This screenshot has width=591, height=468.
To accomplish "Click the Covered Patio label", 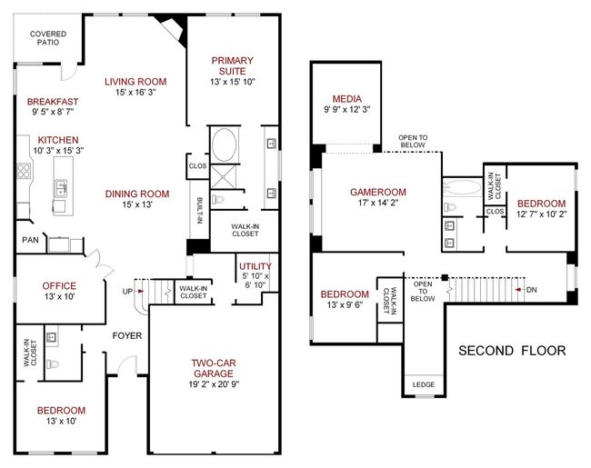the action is [x=48, y=38].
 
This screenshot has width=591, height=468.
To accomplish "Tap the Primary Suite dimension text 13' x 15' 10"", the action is [x=233, y=82].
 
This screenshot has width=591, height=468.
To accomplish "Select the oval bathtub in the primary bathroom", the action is [x=225, y=145].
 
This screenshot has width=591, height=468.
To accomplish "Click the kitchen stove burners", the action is [x=24, y=170].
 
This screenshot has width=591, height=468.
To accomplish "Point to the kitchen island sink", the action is [x=61, y=188].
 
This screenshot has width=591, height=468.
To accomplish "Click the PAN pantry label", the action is [x=30, y=240].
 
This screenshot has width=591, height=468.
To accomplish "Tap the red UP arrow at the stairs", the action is [x=140, y=291].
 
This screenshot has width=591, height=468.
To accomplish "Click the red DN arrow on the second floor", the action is [x=519, y=290].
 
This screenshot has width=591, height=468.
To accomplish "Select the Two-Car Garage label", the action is [x=214, y=368].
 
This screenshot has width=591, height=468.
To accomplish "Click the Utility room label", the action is [x=255, y=266].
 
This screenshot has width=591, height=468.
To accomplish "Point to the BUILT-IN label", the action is [x=200, y=211].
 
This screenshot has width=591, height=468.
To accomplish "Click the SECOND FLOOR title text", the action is [x=512, y=351].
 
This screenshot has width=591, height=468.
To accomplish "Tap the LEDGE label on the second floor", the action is [x=424, y=384].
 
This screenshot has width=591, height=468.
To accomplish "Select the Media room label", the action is [x=346, y=99].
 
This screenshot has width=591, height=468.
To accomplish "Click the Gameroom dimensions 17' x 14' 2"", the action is [x=378, y=203].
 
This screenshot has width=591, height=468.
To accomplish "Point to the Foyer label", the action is [x=127, y=335].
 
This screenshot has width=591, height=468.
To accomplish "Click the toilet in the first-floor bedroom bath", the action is [x=53, y=364].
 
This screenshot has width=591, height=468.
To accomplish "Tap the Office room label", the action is [x=59, y=286].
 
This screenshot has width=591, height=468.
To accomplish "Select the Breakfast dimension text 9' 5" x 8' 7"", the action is [x=53, y=112].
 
